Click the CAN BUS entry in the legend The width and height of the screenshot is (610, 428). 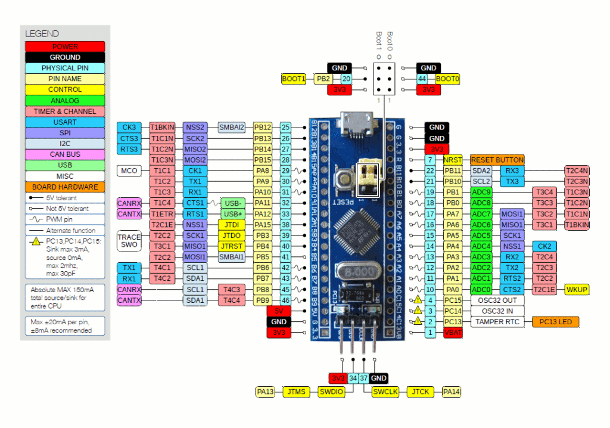click(65, 154)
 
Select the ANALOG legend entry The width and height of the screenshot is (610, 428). click(65, 101)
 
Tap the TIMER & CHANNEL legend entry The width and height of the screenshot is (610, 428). click(65, 111)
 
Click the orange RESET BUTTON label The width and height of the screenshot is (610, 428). click(497, 160)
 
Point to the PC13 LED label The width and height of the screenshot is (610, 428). click(555, 322)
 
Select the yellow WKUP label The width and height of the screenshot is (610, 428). click(576, 290)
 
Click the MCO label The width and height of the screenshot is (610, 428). click(129, 170)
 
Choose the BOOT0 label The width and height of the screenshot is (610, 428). click(448, 79)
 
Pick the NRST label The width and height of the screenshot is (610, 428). click(453, 160)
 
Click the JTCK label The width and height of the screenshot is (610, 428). click(421, 392)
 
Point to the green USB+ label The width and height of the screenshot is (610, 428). click(234, 214)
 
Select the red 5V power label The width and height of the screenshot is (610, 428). click(278, 311)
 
